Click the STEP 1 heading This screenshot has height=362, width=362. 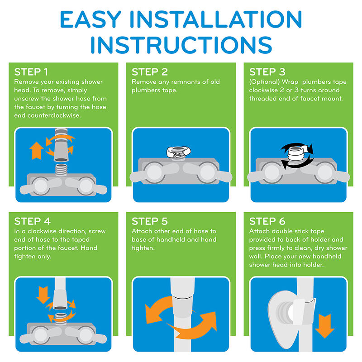coord(31,72)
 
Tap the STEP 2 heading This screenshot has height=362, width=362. coord(150,72)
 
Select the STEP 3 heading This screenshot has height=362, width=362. coord(267,72)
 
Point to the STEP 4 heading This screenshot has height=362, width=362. coord(32,221)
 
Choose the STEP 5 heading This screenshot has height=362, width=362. coord(150,221)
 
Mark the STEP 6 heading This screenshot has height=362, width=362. coord(267,221)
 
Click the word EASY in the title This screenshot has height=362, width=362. coord(90,19)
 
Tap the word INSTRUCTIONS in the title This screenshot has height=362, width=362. coord(181,45)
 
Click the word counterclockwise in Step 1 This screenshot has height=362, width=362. coord(54,115)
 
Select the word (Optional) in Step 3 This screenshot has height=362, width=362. coord(264,82)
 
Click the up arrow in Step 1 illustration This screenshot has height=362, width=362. coord(37,151)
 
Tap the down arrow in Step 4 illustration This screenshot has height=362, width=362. coord(43,295)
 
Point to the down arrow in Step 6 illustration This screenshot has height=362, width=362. coord(324,326)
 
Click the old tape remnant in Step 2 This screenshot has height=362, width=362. coord(179,152)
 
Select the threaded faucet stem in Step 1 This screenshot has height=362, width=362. coord(61,170)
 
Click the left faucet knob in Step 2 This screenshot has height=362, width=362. coord(154,172)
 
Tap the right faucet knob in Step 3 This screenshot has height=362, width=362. coord(325,172)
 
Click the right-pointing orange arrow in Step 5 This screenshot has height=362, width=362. coord(194,325)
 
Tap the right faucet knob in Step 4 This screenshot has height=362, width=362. coord(86,335)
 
